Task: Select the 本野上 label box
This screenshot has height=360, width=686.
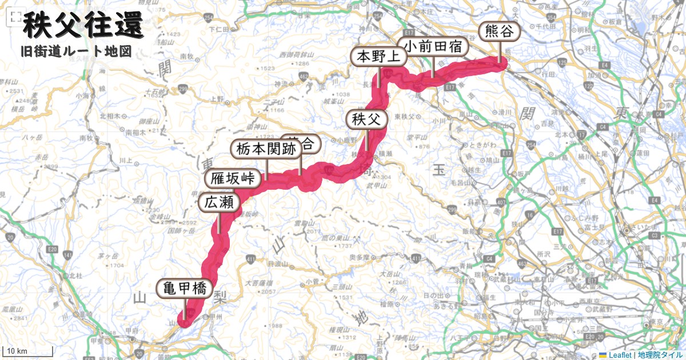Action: point(378,57)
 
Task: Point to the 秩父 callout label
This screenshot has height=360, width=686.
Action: point(366,119)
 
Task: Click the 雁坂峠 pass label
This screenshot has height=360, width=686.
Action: point(233,178)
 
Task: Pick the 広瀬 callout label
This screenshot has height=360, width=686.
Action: point(218,202)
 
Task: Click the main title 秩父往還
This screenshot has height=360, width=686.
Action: point(82,26)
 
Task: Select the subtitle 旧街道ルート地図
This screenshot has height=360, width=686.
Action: point(75,51)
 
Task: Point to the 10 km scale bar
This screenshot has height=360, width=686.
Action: point(29,351)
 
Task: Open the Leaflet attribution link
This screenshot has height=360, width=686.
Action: point(620,355)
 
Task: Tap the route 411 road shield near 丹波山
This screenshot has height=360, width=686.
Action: point(250,261)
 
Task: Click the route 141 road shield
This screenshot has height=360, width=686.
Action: point(69,254)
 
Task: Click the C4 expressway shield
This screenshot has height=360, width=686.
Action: point(489,258)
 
